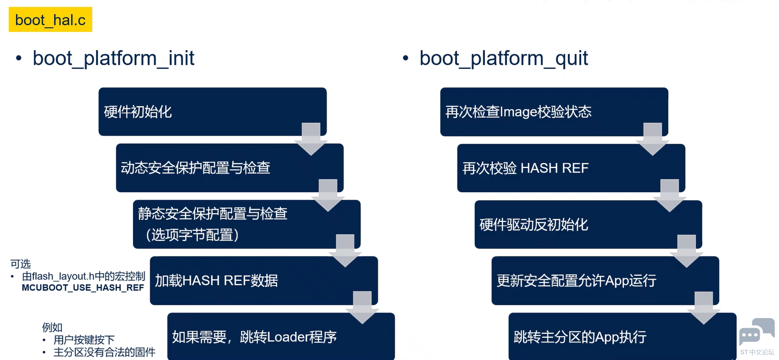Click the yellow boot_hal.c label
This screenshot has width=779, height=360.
[51, 20]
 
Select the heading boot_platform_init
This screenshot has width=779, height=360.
[113, 58]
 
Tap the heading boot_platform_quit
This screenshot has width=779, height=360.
[503, 58]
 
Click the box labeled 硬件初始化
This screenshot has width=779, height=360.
[212, 112]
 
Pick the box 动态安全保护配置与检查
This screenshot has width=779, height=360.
[230, 168]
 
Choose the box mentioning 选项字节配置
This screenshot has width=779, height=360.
[247, 224]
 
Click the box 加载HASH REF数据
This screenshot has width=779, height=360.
[264, 280]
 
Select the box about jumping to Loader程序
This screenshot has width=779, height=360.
[281, 336]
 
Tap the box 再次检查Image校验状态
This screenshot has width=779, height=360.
[554, 112]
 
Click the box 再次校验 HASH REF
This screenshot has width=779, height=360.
[571, 168]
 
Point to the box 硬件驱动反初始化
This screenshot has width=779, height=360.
[588, 224]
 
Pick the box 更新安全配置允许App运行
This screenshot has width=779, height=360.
[605, 280]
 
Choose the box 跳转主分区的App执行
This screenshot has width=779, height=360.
[622, 336]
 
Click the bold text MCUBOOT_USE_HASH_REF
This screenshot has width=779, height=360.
[83, 288]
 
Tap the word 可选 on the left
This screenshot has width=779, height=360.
[21, 264]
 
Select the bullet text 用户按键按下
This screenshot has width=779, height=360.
[84, 339]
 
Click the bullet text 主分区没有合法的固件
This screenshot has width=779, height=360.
[104, 352]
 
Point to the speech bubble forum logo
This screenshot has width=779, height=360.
[757, 332]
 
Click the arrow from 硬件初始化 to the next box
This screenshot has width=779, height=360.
[311, 139]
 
